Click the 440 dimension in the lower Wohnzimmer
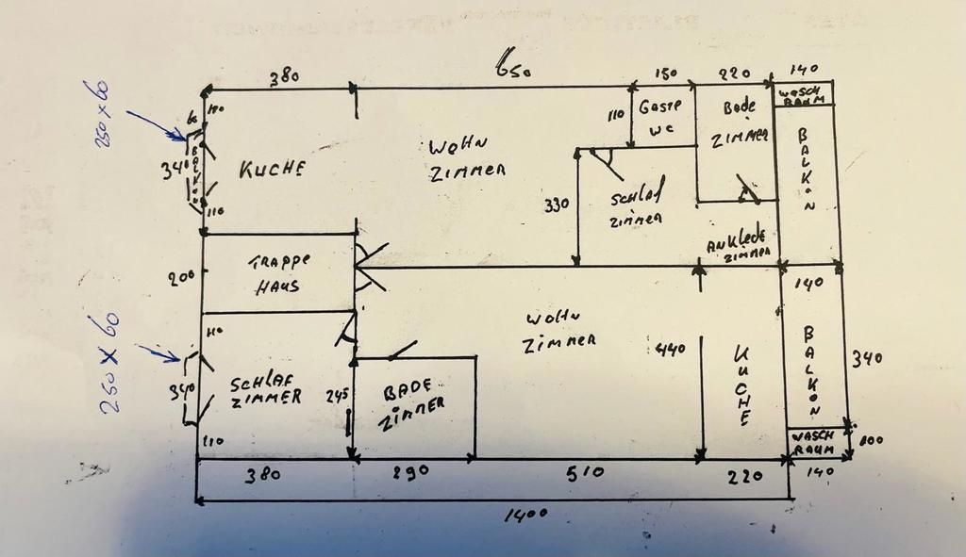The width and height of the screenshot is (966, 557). [x=671, y=350]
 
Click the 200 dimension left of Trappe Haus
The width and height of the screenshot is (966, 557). [x=180, y=276]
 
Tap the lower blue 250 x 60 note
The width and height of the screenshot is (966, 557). [x=109, y=363]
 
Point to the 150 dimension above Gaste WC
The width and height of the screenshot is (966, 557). [x=667, y=74]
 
